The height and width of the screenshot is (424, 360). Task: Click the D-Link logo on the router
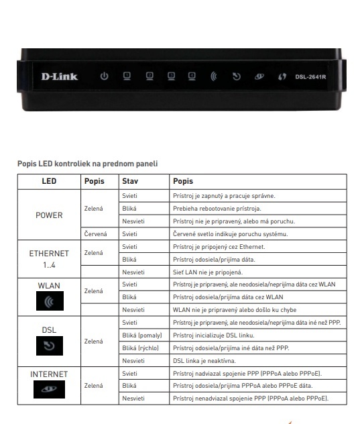(60, 76)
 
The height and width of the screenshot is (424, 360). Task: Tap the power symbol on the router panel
(104, 76)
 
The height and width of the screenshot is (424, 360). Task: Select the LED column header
(49, 182)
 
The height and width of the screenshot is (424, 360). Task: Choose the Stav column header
(129, 182)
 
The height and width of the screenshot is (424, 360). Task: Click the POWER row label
(49, 215)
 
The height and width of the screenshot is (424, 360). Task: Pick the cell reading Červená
(97, 234)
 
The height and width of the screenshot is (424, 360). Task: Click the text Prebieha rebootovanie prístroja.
(217, 209)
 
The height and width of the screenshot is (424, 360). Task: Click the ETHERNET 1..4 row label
(49, 259)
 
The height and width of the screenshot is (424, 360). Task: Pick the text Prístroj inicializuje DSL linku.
(214, 335)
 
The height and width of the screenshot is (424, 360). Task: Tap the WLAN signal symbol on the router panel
(214, 76)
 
